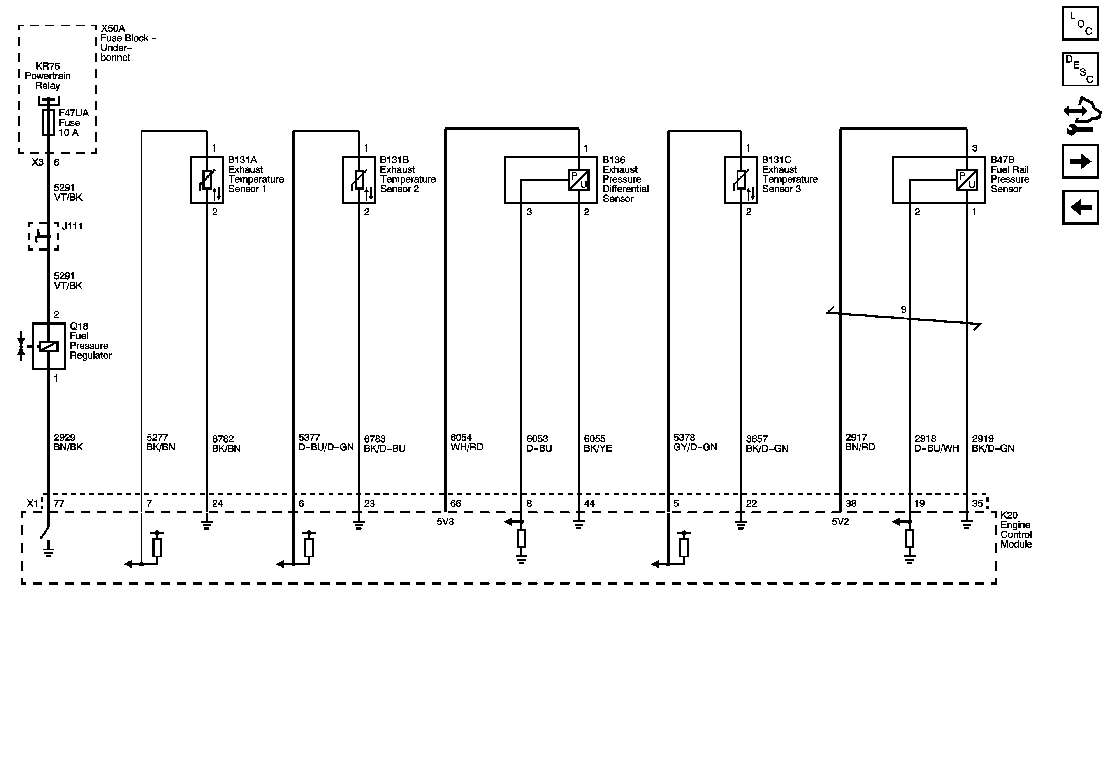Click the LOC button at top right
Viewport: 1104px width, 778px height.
tap(1080, 23)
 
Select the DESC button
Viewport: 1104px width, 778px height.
tap(1080, 69)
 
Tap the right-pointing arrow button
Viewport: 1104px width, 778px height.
tap(1080, 162)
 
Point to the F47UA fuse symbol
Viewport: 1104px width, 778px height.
tap(48, 123)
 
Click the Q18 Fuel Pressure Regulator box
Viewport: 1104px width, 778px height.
tap(49, 346)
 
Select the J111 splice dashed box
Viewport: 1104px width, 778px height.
tap(43, 236)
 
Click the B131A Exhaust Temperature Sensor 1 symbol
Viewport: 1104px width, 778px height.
tap(207, 180)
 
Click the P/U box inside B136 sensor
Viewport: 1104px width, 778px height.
tap(579, 180)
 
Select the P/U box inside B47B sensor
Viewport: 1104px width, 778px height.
tap(967, 180)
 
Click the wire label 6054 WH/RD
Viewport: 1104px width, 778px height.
tap(467, 442)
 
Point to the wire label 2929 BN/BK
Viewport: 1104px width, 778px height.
tap(68, 442)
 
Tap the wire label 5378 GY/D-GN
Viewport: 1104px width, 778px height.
tap(695, 442)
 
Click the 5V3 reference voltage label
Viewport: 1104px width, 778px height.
tap(445, 522)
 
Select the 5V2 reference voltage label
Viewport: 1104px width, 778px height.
tap(840, 522)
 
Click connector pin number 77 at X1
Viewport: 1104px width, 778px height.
tap(59, 503)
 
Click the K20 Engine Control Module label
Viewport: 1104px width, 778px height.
tap(1016, 530)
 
